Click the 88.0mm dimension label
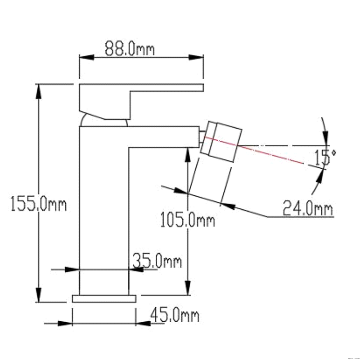[130, 49]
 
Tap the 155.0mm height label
[39, 204]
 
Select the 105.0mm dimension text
[187, 220]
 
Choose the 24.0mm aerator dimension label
[308, 208]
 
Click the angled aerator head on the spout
[221, 142]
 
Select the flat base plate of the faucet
[104, 299]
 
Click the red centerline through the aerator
[254, 150]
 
